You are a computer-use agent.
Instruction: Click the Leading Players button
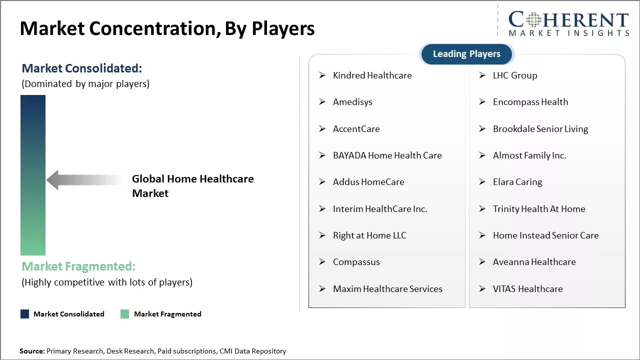point(466,54)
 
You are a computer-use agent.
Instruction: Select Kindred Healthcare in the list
point(372,75)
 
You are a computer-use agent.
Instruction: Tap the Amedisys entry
point(352,102)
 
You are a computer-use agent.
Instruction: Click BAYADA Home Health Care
point(387,155)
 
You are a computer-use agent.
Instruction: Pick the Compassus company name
point(356,262)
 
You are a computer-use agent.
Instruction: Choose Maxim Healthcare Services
point(387,289)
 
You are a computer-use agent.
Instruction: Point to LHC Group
point(514,75)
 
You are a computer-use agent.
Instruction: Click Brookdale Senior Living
point(540,129)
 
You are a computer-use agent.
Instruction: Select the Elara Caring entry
point(517,182)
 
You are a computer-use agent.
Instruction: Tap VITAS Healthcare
point(527,289)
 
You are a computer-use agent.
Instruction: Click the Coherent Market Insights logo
point(568,23)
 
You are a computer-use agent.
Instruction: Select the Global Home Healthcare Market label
point(192,186)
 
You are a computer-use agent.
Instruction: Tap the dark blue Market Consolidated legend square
point(24,314)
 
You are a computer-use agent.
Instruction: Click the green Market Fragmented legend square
point(125,314)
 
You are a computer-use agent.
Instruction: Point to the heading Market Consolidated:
point(81,68)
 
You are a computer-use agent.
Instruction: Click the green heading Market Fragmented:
point(78,266)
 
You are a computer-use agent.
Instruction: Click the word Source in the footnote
point(32,351)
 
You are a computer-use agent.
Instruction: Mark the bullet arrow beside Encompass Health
point(482,102)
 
